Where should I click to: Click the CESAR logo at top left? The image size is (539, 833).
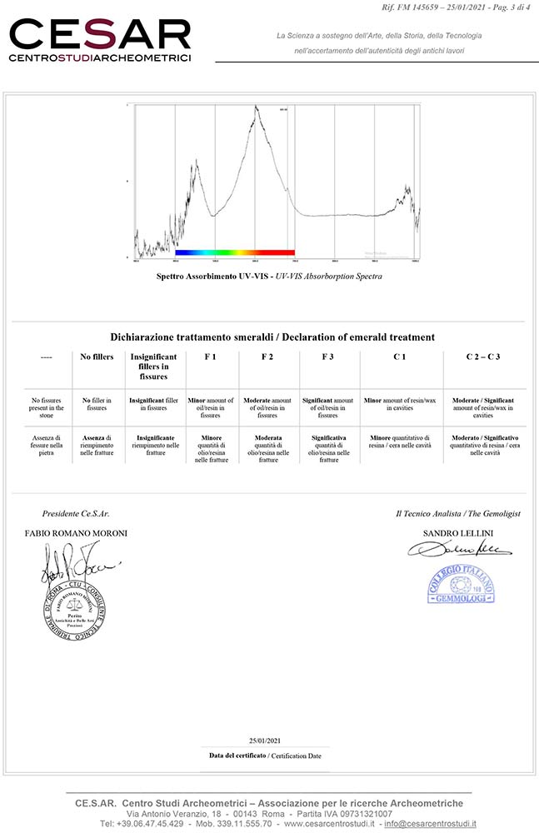pyautogui.click(x=100, y=39)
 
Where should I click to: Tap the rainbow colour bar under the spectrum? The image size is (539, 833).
pyautogui.click(x=235, y=252)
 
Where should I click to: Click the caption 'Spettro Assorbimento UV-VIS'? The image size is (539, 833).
pyautogui.click(x=213, y=276)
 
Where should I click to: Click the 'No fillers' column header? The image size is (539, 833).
pyautogui.click(x=97, y=357)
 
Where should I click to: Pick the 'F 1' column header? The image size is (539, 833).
pyautogui.click(x=210, y=357)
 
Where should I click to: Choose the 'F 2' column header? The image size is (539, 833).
pyautogui.click(x=267, y=357)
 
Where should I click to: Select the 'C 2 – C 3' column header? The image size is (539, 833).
pyautogui.click(x=482, y=357)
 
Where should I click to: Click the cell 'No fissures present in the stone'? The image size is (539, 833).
pyautogui.click(x=46, y=408)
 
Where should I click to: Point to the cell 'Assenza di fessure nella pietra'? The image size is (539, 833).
pyautogui.click(x=46, y=446)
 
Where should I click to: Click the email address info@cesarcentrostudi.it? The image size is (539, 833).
pyautogui.click(x=431, y=824)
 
